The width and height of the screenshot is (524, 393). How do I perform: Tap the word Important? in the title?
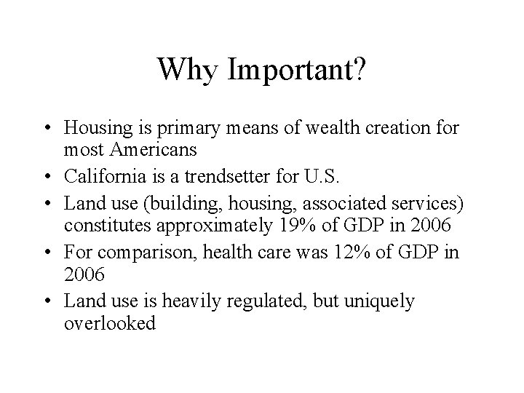pyautogui.click(x=297, y=70)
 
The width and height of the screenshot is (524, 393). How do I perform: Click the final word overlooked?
pyautogui.click(x=110, y=323)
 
